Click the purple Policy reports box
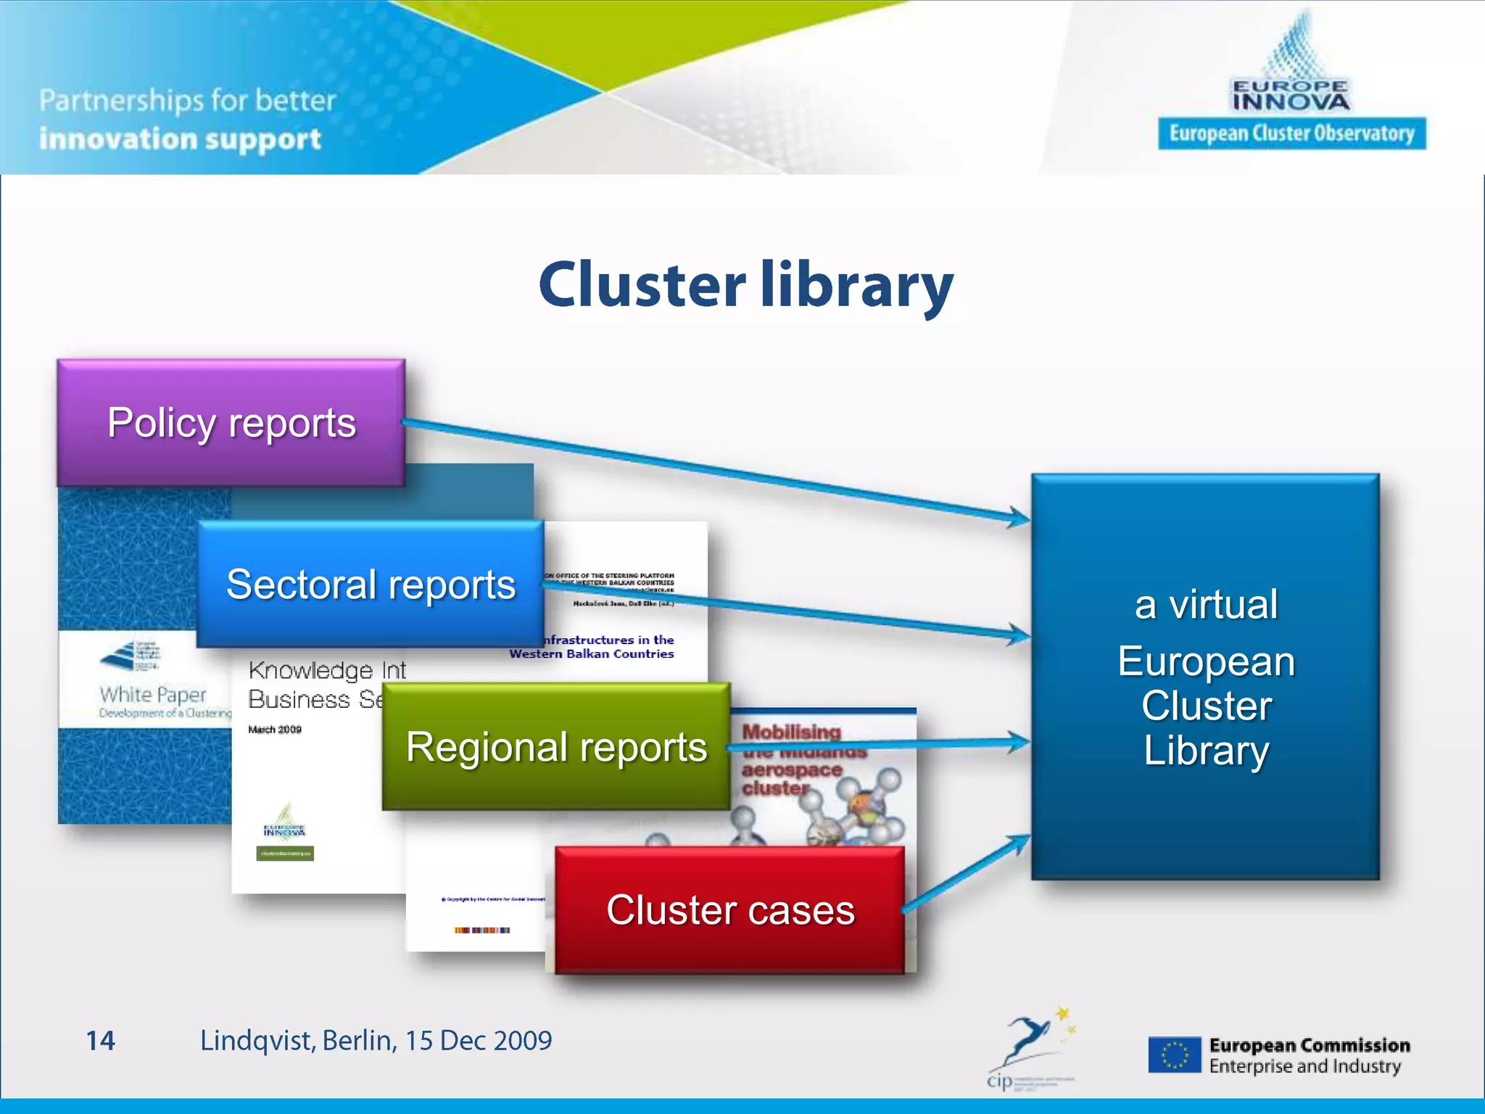pyautogui.click(x=231, y=423)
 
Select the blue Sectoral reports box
pyautogui.click(x=371, y=584)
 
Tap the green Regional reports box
pyautogui.click(x=556, y=747)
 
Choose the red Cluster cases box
pyautogui.click(x=730, y=910)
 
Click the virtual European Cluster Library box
pyautogui.click(x=1205, y=677)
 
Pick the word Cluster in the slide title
pyautogui.click(x=642, y=285)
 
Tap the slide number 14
pyautogui.click(x=100, y=1041)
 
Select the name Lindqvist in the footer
pyautogui.click(x=257, y=1041)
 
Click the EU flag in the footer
pyautogui.click(x=1174, y=1055)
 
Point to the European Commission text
pyautogui.click(x=1309, y=1045)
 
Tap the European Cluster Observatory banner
pyautogui.click(x=1291, y=133)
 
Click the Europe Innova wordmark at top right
pyautogui.click(x=1291, y=96)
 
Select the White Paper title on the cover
pyautogui.click(x=153, y=695)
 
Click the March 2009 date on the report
pyautogui.click(x=275, y=730)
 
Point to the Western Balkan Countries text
pyautogui.click(x=592, y=654)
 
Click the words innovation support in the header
pyautogui.click(x=180, y=139)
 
